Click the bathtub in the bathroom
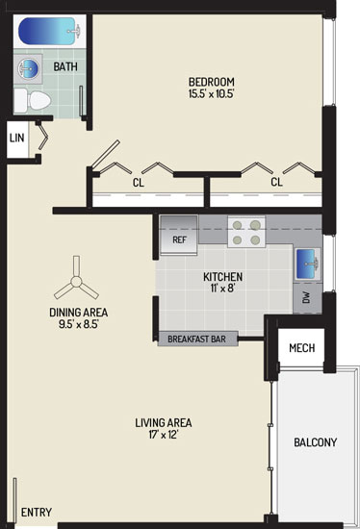(50, 32)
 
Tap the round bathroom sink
(28, 69)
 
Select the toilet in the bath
(33, 101)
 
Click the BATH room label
(65, 66)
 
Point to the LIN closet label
(17, 138)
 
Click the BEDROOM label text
(212, 82)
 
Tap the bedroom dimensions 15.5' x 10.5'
(212, 93)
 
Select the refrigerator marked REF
(179, 236)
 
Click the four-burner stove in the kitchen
(246, 232)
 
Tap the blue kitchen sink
(308, 264)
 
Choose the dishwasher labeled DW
(307, 297)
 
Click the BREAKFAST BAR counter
(197, 339)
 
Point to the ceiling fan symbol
(76, 281)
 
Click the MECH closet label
(302, 348)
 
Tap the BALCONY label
(316, 442)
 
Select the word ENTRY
(37, 512)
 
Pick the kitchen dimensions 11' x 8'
(223, 289)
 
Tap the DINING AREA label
(79, 313)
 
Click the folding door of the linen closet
(42, 136)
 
